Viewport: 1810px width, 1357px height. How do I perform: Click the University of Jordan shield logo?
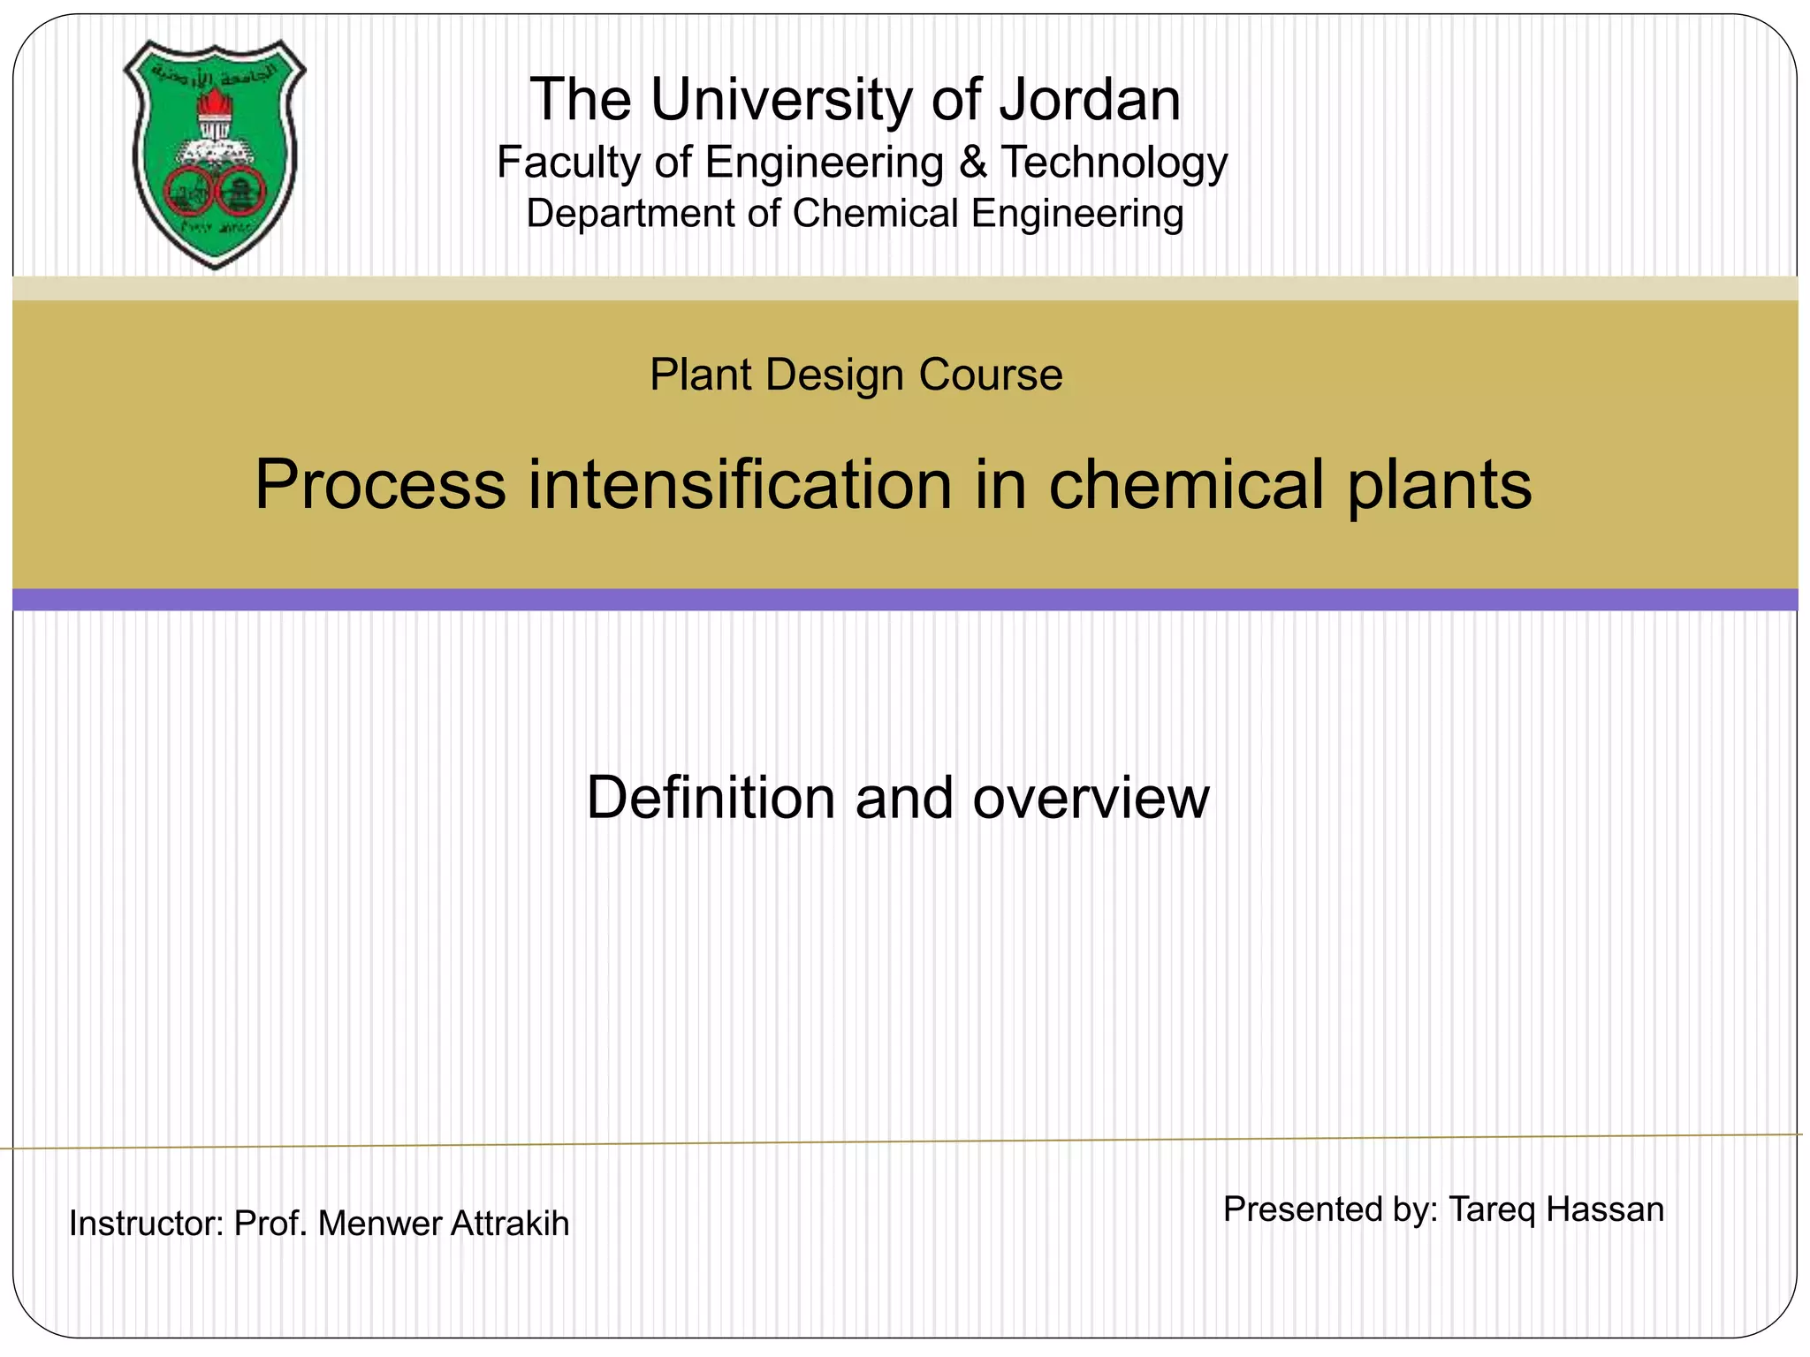tap(215, 155)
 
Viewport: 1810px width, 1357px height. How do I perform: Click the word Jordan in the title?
tap(1090, 99)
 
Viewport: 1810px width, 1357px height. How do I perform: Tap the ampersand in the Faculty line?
tap(972, 163)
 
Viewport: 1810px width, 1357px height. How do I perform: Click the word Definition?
tap(709, 798)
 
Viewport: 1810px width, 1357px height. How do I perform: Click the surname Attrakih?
tap(510, 1224)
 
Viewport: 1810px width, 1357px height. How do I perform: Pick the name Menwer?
tap(379, 1224)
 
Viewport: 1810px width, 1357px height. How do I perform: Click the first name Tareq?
tap(1492, 1209)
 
